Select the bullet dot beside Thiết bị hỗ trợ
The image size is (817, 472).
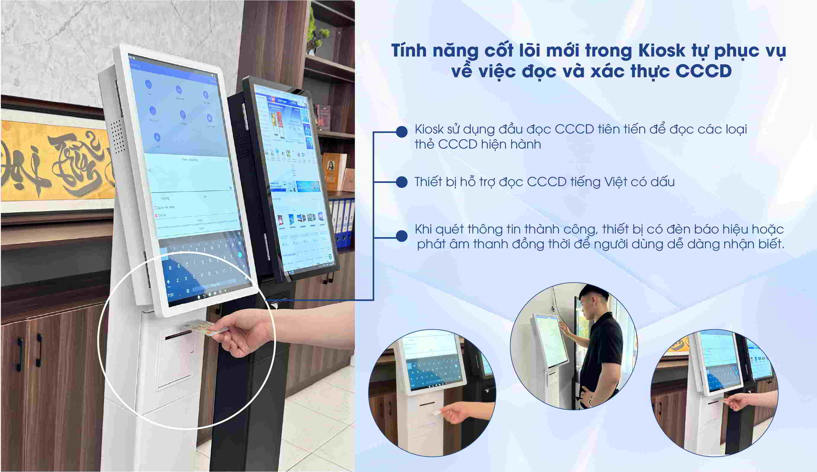(402, 182)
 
